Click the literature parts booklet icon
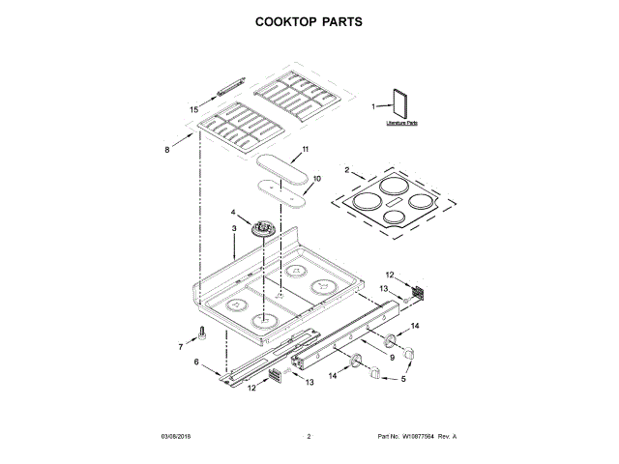400,104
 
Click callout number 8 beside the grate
166,150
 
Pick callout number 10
316,178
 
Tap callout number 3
233,228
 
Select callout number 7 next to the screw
181,346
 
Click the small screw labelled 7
202,334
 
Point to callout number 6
196,362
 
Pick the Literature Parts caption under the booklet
401,124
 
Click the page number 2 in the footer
309,437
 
